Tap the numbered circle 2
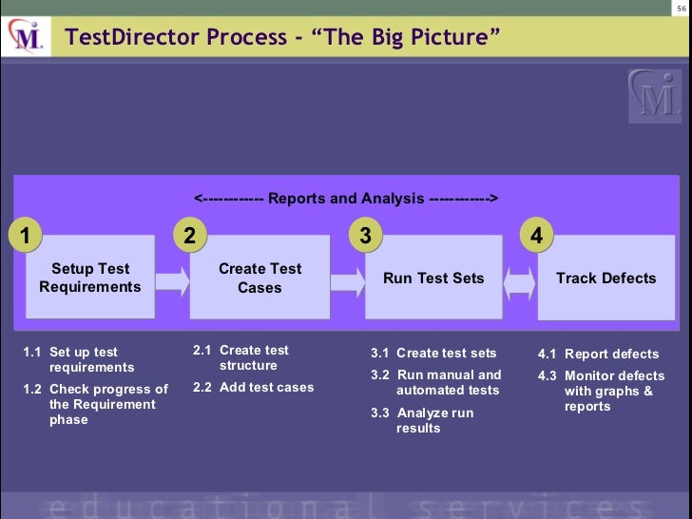click(190, 236)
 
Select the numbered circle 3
click(366, 236)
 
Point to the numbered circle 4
click(537, 236)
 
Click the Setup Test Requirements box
click(90, 278)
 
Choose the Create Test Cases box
click(259, 278)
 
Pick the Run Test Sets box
click(433, 279)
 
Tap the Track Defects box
click(606, 279)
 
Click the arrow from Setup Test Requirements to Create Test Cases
click(172, 280)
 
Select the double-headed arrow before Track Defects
click(519, 280)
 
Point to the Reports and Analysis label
click(346, 199)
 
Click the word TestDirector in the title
click(131, 38)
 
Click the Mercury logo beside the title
click(27, 36)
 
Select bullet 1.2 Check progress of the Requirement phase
click(95, 404)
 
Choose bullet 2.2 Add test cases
click(253, 387)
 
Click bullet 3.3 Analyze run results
click(422, 420)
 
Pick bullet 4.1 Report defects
click(598, 354)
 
